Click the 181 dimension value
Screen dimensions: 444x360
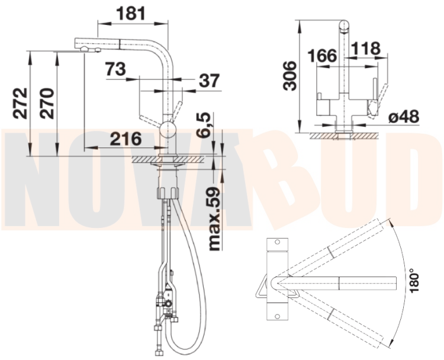coord(131,13)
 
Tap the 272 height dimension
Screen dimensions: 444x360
coord(20,103)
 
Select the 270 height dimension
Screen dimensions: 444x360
coord(47,104)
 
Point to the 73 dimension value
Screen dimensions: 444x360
coord(115,69)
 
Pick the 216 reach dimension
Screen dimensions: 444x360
coord(126,139)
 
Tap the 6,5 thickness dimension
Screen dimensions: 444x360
coord(204,124)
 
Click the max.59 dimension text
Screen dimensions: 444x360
coord(214,218)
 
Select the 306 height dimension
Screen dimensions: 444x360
coord(289,76)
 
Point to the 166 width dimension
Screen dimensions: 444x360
coord(323,55)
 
